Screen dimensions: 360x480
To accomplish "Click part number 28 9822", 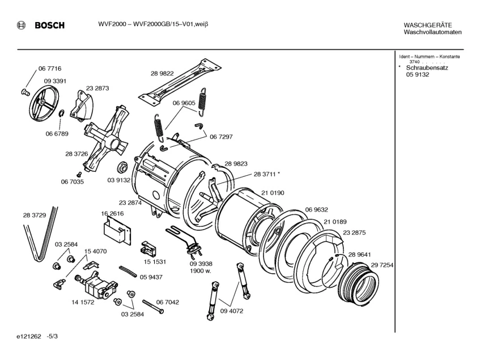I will (x=162, y=73).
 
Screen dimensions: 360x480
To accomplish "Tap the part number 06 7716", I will (x=50, y=69).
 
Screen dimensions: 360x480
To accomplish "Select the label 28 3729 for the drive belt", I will (x=35, y=215).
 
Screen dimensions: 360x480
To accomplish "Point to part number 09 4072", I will (x=232, y=310).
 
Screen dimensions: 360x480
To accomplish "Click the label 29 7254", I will (x=383, y=265).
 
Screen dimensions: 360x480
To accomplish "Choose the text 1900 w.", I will (x=201, y=270).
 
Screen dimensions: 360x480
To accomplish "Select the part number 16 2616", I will (x=112, y=213).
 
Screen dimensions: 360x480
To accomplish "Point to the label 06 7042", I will (x=168, y=302).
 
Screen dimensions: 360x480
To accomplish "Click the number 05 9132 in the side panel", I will (x=417, y=74).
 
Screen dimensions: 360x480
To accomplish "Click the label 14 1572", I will (x=83, y=302).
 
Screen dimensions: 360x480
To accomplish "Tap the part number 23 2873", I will (x=97, y=88).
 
